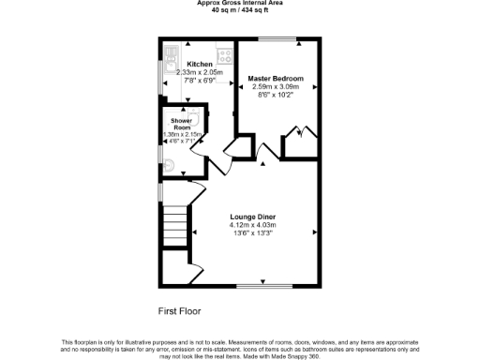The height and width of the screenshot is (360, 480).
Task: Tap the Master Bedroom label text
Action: point(275,78)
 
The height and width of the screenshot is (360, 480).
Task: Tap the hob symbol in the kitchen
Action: point(223,52)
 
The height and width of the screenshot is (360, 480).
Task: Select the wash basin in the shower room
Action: point(193,116)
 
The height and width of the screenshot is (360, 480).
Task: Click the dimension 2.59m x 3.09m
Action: point(275,86)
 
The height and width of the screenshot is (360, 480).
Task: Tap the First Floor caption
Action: point(178,310)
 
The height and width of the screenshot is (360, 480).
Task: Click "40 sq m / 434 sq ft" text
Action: point(240,10)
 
